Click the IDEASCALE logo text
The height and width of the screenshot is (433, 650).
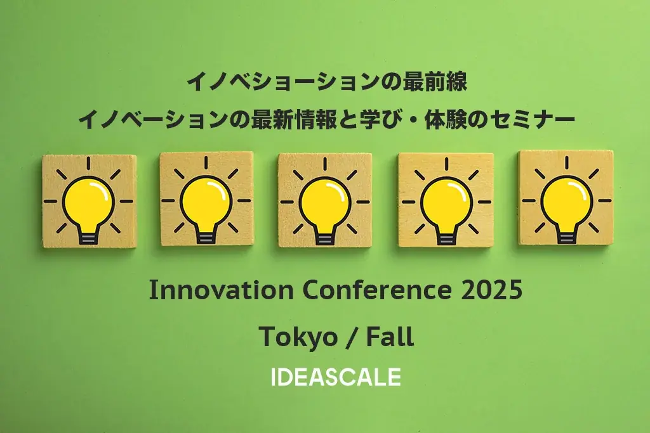tap(336, 377)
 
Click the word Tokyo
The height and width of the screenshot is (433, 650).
tap(298, 337)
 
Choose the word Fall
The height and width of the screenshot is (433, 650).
tap(390, 337)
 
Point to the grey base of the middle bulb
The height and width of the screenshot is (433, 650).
tap(324, 238)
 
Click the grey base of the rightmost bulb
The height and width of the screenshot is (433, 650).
tap(566, 236)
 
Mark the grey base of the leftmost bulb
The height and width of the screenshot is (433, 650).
tap(88, 237)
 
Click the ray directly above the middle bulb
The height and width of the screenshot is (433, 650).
tap(324, 164)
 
